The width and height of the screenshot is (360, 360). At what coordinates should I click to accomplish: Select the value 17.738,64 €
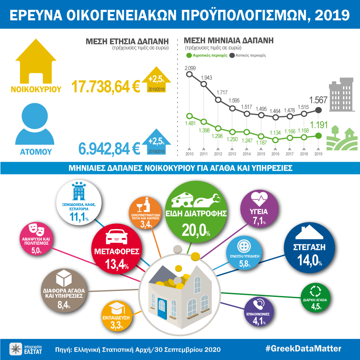click(x=106, y=86)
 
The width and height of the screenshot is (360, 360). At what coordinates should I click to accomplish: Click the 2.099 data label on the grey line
click(x=190, y=68)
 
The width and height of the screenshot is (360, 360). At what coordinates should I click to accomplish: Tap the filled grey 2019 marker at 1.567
click(x=319, y=110)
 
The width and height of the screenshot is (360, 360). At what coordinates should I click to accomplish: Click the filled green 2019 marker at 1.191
click(x=319, y=136)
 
